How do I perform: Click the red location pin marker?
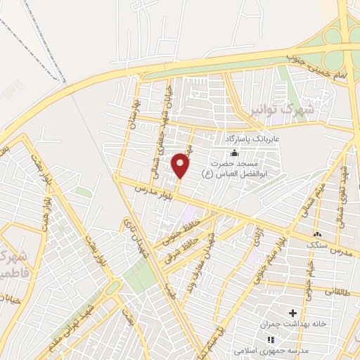pyautogui.click(x=181, y=165)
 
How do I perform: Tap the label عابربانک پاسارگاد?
pyautogui.click(x=259, y=139)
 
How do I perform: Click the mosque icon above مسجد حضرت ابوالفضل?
pyautogui.click(x=234, y=154)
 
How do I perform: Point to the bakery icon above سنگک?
pyautogui.click(x=317, y=234)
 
